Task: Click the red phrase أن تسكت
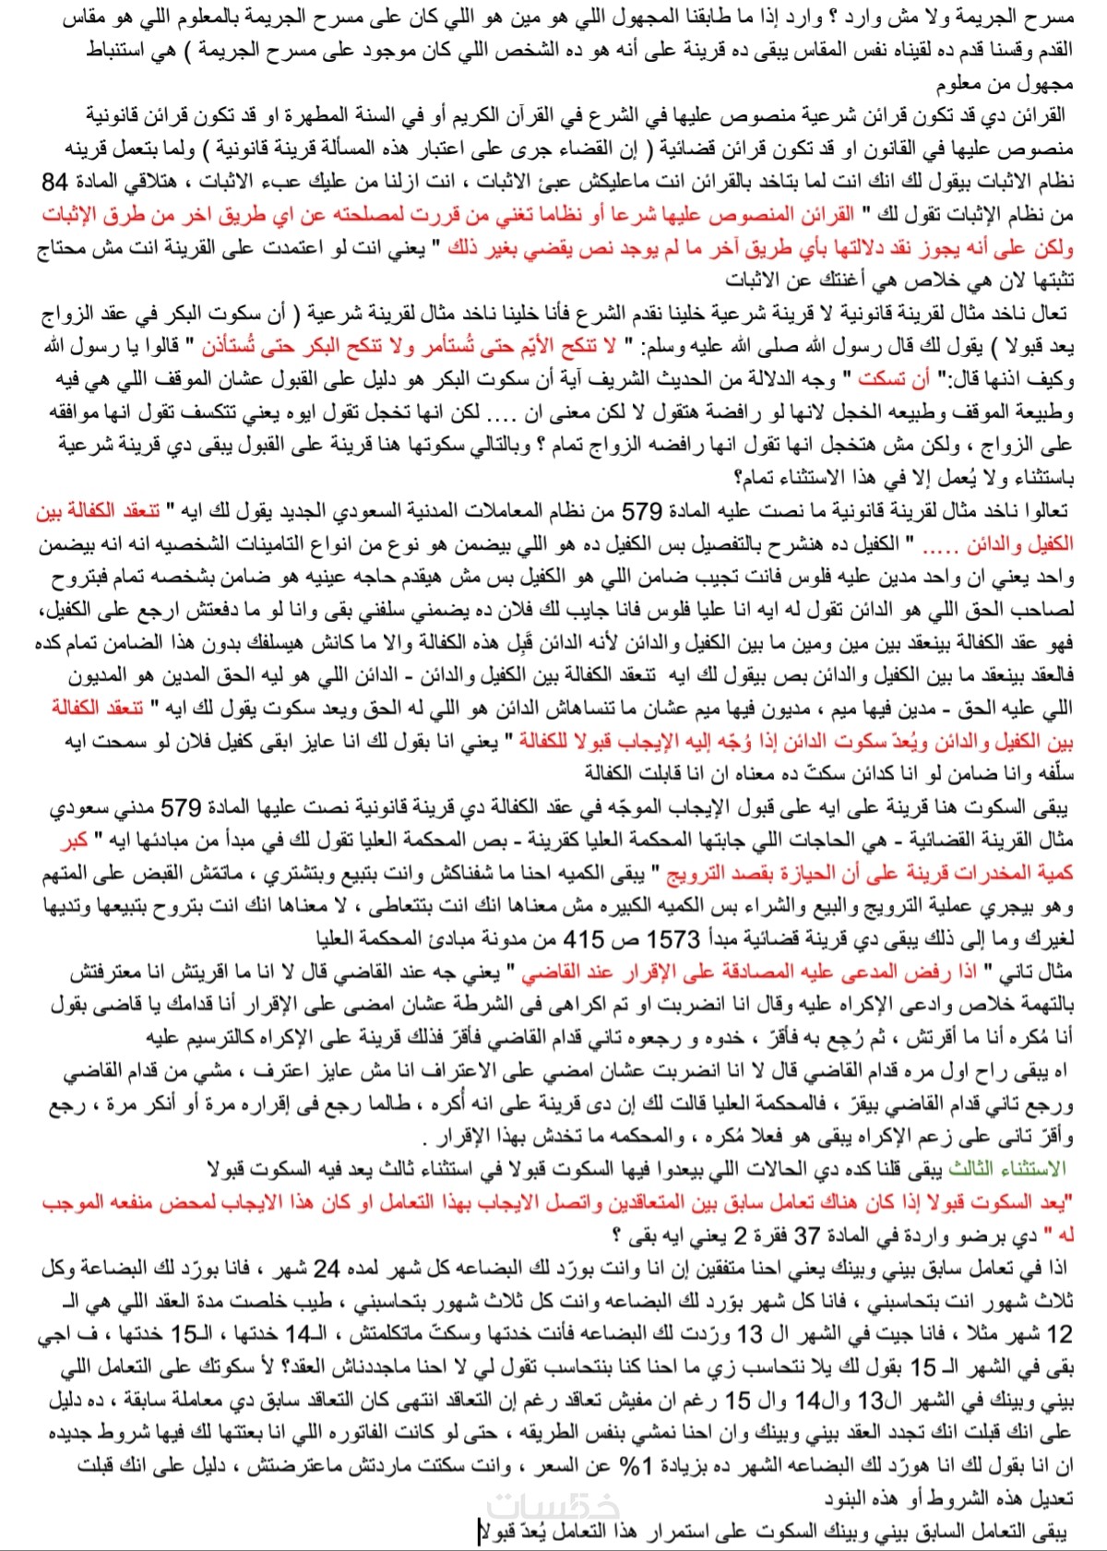880,379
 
